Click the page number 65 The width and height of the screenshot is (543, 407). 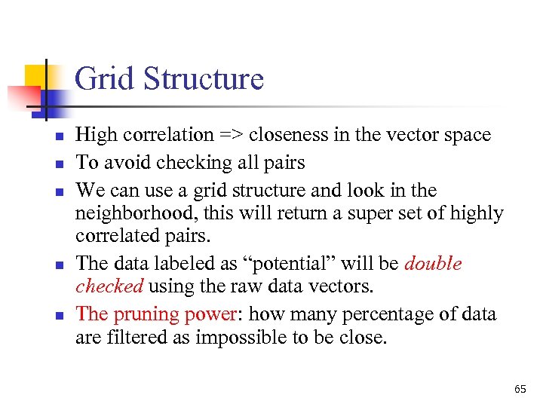(520, 389)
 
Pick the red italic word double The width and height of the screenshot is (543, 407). (433, 264)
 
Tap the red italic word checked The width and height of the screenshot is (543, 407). (109, 286)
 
